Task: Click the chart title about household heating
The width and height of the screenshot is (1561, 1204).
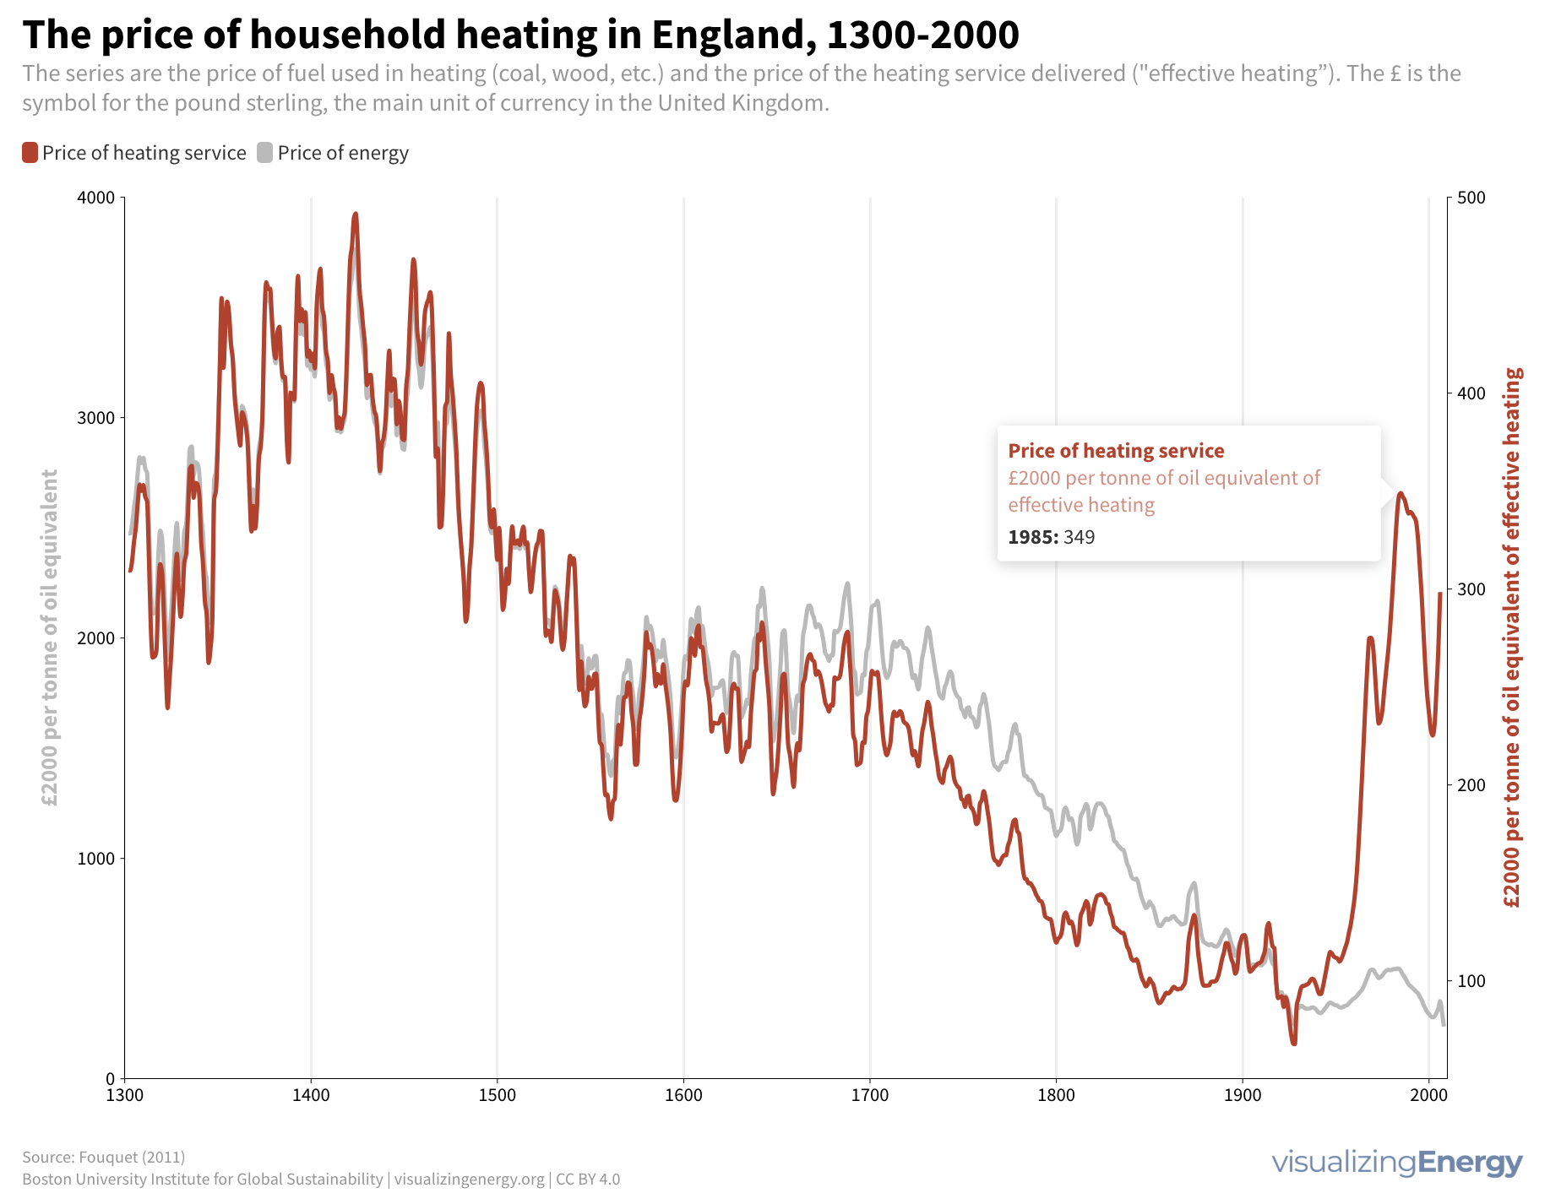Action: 520,35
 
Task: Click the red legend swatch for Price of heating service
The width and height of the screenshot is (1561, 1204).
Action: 30,153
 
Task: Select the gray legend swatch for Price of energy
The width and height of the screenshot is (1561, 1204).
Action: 265,153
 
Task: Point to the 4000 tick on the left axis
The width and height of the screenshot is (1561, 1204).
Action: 95,198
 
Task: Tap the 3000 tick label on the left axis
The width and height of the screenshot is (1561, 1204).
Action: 95,419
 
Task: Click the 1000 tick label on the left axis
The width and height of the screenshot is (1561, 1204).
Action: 95,859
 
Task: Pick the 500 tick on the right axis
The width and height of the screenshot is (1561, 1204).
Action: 1471,198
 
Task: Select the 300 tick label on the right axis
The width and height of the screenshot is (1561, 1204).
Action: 1471,589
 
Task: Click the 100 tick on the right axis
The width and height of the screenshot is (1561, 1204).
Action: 1471,981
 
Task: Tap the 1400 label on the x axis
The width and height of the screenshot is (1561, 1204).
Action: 311,1096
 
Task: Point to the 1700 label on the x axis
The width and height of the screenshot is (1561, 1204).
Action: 870,1096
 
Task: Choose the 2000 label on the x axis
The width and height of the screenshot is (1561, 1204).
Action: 1428,1096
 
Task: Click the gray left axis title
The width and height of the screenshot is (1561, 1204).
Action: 50,638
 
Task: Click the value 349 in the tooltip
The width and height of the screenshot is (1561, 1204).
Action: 1079,538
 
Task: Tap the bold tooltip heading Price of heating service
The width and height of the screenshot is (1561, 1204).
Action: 1116,451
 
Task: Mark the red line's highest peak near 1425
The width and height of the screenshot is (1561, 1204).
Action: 356,214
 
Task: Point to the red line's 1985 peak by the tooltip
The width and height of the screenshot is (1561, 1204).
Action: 1401,493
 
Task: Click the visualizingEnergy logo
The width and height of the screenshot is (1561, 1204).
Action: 1397,1163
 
